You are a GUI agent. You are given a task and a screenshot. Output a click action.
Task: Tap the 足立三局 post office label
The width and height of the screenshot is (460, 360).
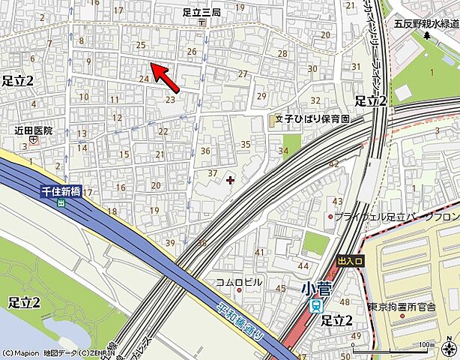coord(201,12)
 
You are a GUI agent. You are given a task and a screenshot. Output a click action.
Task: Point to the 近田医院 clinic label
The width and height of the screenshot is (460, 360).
coord(34,130)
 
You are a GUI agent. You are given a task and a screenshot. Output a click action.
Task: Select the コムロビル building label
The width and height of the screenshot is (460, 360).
coord(239,282)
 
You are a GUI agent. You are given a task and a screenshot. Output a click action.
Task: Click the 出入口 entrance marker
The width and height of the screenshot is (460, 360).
coord(350,261)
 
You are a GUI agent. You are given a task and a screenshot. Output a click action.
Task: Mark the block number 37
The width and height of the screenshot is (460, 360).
coord(212,174)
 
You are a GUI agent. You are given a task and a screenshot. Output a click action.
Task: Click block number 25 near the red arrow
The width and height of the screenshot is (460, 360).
coord(140,46)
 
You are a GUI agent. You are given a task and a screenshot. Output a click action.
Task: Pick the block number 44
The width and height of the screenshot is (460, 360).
coord(303,265)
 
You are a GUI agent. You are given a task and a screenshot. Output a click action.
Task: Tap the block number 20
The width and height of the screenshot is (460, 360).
coord(155,185)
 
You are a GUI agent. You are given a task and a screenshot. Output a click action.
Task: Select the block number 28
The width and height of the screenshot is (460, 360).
coord(282,53)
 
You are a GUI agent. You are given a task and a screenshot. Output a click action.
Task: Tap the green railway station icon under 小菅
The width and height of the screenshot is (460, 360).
coord(316,305)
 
